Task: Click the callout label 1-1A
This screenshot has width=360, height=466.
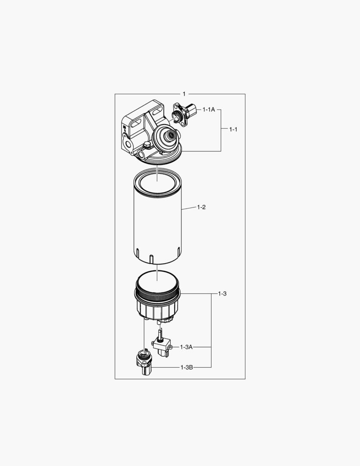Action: point(209,110)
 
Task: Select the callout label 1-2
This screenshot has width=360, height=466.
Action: point(201,208)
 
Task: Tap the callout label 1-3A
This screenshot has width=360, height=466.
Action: point(186,347)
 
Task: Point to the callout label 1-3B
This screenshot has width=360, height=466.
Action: point(186,367)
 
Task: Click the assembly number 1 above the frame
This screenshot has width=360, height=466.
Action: point(184,94)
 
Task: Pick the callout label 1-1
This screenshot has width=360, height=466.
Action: point(233,129)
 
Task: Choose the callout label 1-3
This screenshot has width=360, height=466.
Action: point(222,294)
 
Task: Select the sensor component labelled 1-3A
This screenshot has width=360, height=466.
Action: point(161,346)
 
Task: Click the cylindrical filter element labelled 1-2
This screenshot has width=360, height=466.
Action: point(158,224)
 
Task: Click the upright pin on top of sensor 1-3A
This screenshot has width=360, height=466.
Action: point(160,334)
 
